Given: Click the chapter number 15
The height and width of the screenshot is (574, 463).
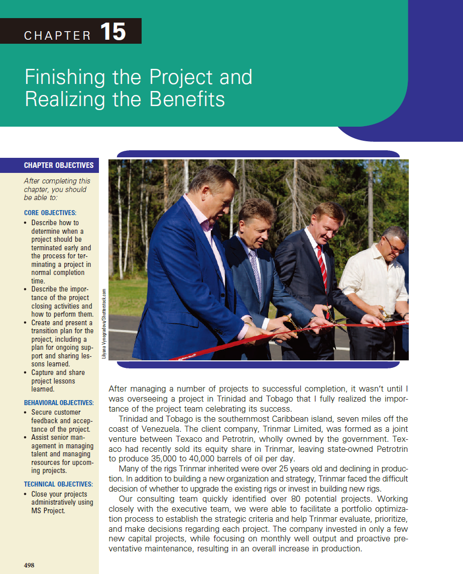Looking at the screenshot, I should pos(113,32).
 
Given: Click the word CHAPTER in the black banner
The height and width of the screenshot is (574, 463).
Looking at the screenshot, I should pos(58,36).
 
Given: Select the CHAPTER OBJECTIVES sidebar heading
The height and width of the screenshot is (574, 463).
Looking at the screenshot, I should pos(59,165).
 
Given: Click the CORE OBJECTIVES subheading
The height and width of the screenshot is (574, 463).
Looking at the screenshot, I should pos(50,213).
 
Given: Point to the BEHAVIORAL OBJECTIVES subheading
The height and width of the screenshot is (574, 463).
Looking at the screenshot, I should pos(59,403).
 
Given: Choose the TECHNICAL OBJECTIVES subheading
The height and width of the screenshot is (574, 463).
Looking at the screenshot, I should pos(58,485).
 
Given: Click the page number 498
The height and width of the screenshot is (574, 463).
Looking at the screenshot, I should pos(29,565).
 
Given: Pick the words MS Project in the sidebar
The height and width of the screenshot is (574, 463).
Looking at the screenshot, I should pos(48,511).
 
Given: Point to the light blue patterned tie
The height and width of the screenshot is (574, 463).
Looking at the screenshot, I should pos(255,271).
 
